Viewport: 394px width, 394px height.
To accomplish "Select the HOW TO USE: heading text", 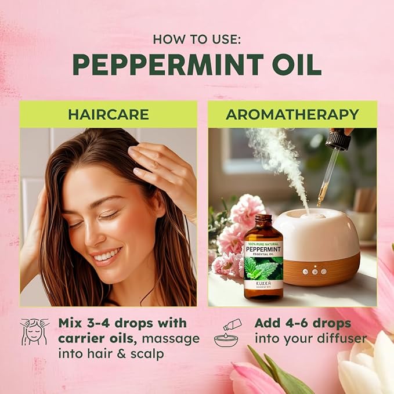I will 197,39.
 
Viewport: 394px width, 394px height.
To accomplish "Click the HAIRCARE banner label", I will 109,114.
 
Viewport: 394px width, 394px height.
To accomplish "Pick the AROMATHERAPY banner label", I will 292,114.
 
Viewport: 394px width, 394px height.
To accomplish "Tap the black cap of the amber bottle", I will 263,221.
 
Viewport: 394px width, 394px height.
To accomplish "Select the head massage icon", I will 35,332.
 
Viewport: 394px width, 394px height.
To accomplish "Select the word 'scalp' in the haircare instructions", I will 149,353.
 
